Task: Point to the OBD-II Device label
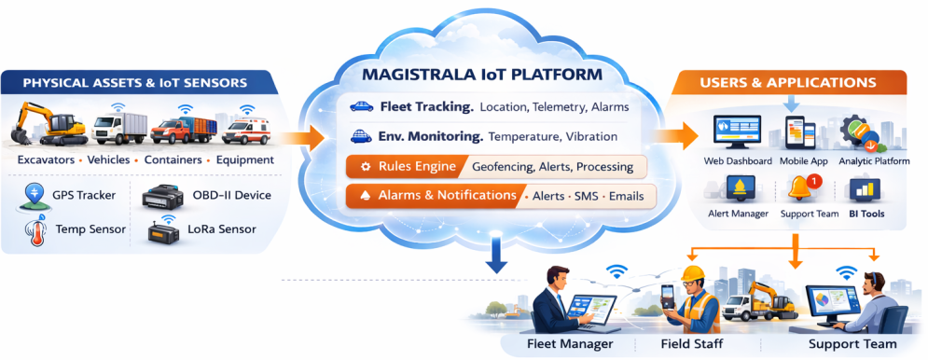[232, 196]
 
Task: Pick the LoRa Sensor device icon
[163, 232]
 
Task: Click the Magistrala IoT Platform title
[481, 76]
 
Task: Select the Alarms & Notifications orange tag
[432, 195]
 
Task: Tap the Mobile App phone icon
[799, 133]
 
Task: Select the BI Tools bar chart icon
[864, 189]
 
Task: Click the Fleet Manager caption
[569, 344]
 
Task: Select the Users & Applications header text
[788, 82]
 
